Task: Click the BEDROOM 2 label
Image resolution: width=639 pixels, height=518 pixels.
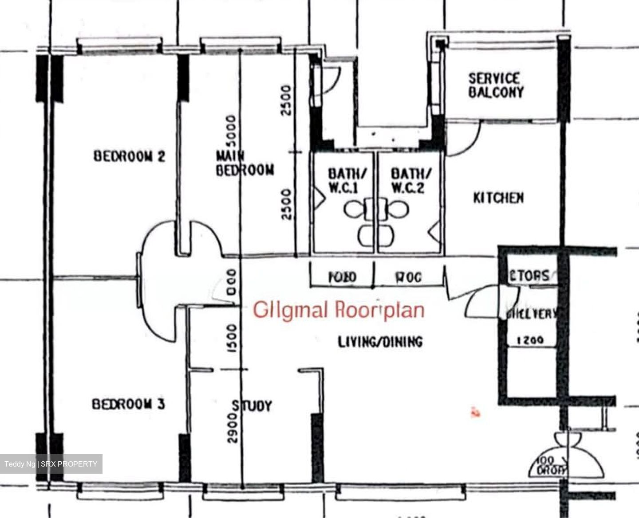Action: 129,156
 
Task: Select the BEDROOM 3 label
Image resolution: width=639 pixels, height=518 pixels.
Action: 128,404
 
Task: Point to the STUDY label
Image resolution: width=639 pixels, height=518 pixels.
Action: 252,406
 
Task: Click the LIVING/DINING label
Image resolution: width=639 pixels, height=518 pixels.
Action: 380,342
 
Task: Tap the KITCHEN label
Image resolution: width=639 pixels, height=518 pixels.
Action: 498,198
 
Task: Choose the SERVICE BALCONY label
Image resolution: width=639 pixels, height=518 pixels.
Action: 496,86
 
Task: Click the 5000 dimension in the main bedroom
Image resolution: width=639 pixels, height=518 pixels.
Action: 231,133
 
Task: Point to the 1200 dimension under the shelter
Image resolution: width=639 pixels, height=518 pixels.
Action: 531,341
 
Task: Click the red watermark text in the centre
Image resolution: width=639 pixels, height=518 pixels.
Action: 339,310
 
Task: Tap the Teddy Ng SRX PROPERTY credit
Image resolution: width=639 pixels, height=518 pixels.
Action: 51,464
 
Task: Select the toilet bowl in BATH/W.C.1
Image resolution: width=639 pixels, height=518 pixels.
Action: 355,209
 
